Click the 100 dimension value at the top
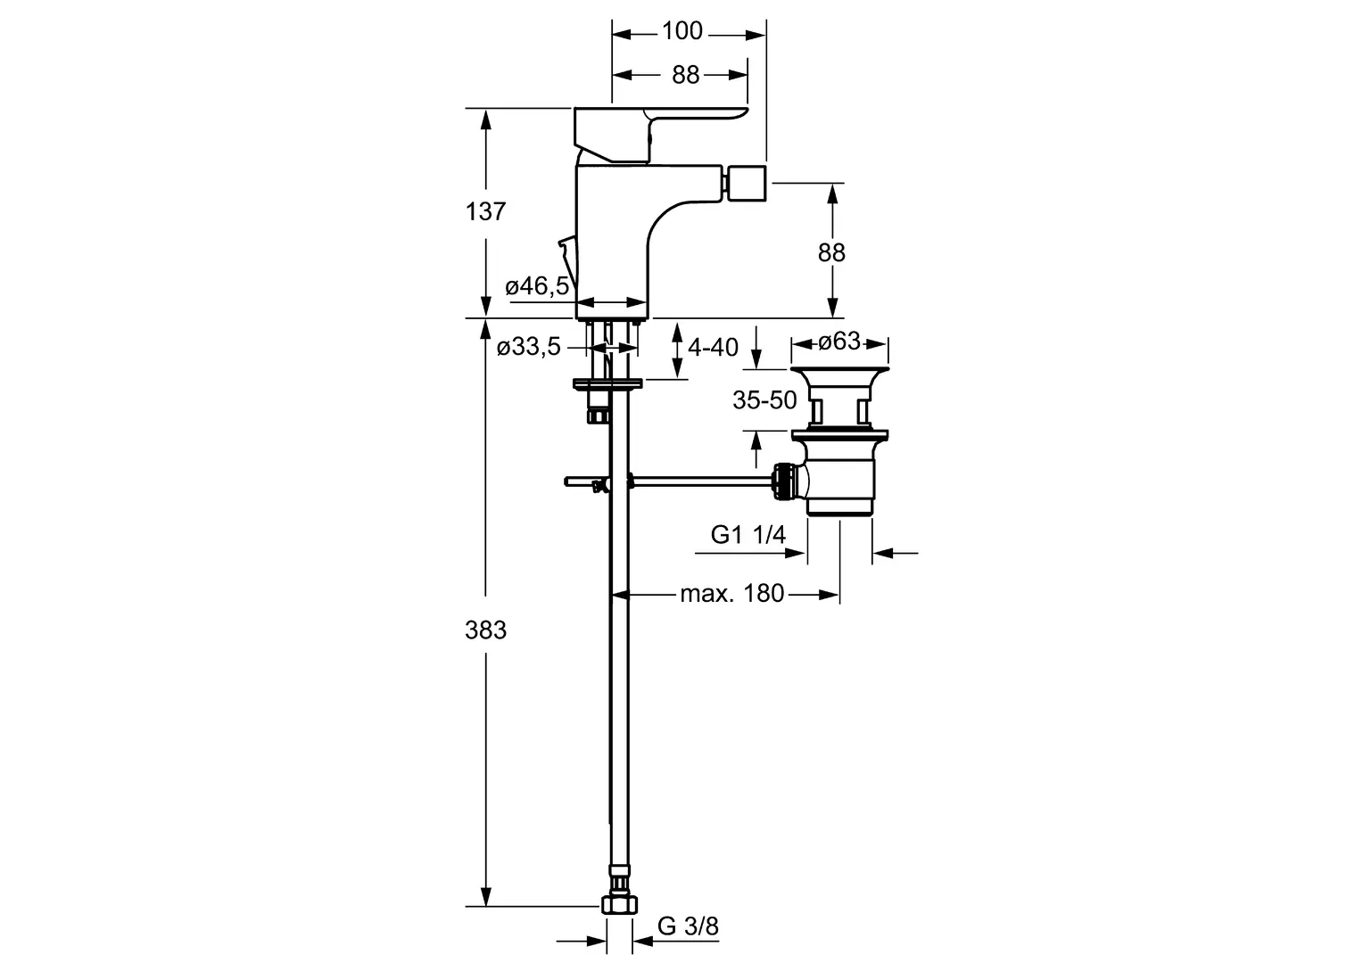682,32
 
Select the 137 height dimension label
485,212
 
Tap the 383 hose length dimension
485,630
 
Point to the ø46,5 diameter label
536,286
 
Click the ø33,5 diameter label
529,348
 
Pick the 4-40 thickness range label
714,347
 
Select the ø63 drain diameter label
839,341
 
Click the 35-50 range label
764,400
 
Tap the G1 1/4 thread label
748,534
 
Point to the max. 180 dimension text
731,593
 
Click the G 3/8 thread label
688,926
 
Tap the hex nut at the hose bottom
619,905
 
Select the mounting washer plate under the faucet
607,385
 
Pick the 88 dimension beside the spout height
831,253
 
